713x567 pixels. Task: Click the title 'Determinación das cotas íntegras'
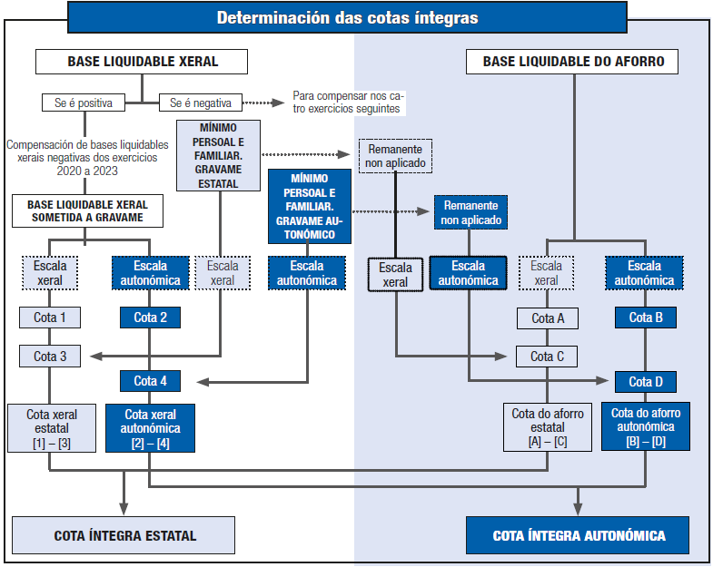coord(347,17)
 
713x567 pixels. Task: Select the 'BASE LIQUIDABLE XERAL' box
coord(142,62)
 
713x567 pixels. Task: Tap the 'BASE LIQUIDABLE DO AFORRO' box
coord(573,62)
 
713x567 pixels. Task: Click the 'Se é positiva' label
coord(84,103)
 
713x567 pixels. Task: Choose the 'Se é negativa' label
coord(201,103)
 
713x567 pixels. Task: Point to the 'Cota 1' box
coord(51,318)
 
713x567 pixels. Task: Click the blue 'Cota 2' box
coord(150,318)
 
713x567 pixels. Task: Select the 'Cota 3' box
coord(51,356)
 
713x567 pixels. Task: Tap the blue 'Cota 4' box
coord(150,380)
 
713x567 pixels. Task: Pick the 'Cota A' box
coord(548,318)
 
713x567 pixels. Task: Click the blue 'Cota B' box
coord(646,318)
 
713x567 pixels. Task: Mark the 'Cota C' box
coord(548,356)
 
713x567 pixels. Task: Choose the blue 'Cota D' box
coord(646,381)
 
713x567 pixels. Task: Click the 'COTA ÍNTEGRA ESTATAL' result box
coord(124,535)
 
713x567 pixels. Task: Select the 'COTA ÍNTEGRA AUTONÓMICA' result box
coord(579,535)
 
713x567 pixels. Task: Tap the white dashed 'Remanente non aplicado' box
coord(395,155)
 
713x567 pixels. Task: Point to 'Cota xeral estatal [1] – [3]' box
coord(51,427)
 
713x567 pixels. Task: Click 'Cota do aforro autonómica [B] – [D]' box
coord(646,426)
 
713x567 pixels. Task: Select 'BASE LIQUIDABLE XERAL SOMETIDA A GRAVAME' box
coord(86,210)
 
